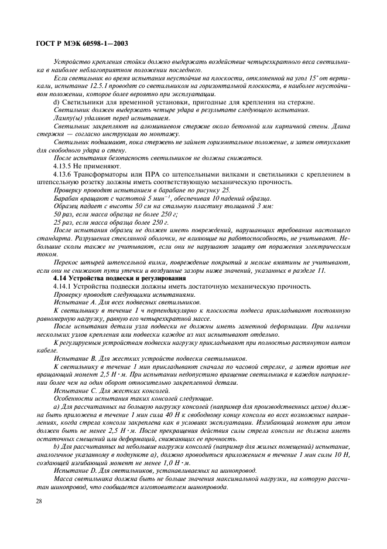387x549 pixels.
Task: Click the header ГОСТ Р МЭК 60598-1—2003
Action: [83, 43]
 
